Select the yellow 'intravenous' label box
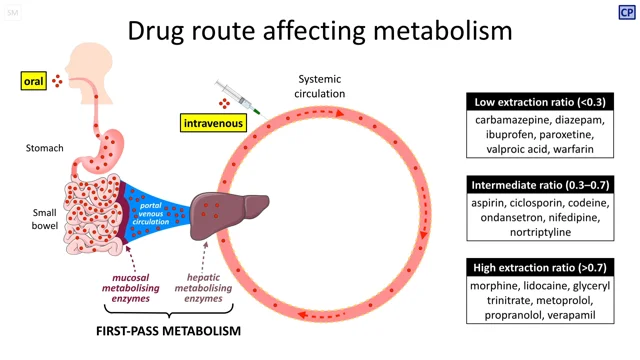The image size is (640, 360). pyautogui.click(x=213, y=124)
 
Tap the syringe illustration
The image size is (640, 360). pyautogui.click(x=237, y=98)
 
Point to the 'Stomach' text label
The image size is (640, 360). pyautogui.click(x=45, y=148)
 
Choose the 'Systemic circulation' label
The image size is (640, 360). pyautogui.click(x=320, y=87)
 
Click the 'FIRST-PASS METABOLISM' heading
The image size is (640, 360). pyautogui.click(x=162, y=330)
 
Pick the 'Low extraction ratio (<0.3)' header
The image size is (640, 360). pyautogui.click(x=541, y=102)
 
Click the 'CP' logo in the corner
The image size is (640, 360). pyautogui.click(x=625, y=12)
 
